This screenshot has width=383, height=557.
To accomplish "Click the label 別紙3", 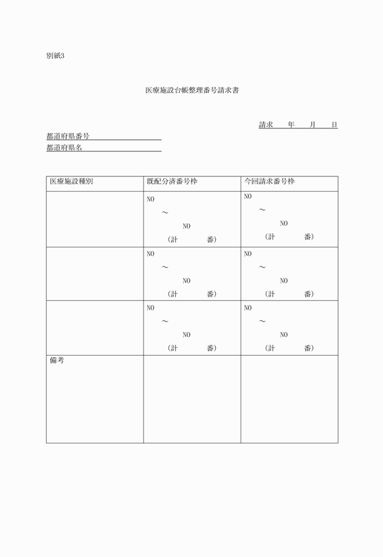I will coord(55,56).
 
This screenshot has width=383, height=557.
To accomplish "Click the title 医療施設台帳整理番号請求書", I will coord(191,91).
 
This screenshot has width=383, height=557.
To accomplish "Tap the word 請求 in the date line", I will coord(266,125).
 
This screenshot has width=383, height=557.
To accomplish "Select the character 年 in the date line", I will coord(291,125).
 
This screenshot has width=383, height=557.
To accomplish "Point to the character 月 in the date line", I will coord(312,125).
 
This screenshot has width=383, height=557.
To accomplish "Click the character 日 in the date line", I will coord(334,125).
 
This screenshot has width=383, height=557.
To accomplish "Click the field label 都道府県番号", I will coord(68,136).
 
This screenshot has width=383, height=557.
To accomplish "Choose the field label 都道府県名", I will coord(64,148).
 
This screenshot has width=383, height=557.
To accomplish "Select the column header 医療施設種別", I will coord(71,181).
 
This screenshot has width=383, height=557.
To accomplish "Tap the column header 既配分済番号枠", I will coord(172,181).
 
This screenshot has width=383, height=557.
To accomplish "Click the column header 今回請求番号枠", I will coord(269,181).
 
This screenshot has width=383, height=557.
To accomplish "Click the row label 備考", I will coord(57,361).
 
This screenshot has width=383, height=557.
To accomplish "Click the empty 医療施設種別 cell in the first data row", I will coord(95,219).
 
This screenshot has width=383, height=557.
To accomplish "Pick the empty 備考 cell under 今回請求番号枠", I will coord(289,399).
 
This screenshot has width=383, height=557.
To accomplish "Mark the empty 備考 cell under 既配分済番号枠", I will coord(192,399).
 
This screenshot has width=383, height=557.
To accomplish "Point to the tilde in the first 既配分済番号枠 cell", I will coord(165,213).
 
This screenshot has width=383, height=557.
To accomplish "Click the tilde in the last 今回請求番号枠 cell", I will coord(263,321).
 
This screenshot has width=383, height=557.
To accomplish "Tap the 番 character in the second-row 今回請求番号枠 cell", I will coord(309,294).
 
